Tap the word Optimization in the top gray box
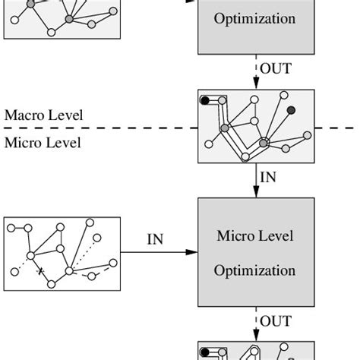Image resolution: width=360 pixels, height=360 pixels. click(254, 19)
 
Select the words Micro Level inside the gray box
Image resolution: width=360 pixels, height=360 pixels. click(254, 236)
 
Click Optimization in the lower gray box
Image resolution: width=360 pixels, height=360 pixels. click(254, 270)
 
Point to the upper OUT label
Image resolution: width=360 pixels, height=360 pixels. click(276, 68)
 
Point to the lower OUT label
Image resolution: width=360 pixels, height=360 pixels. click(276, 322)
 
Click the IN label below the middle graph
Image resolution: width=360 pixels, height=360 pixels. click(268, 177)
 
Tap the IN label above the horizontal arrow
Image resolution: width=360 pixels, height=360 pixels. click(155, 240)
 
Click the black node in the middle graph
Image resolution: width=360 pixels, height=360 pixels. click(204, 100)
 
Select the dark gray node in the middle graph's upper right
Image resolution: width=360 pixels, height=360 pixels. click(291, 110)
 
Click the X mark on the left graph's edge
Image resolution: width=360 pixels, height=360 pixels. click(40, 270)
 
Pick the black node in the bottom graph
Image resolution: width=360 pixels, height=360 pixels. click(204, 353)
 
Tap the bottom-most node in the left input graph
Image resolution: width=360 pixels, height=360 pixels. click(51, 284)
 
